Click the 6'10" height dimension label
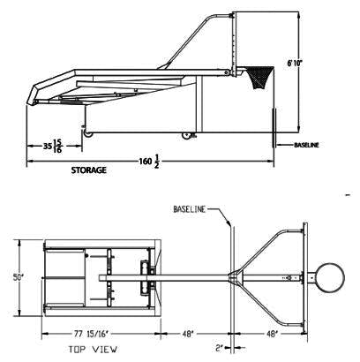[x=295, y=63]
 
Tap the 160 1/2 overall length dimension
[x=149, y=162]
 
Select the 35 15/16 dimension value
[x=53, y=146]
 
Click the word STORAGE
[x=88, y=170]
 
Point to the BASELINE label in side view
[x=306, y=145]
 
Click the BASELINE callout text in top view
[x=190, y=209]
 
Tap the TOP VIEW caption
[x=93, y=350]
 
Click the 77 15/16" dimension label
[x=91, y=334]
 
